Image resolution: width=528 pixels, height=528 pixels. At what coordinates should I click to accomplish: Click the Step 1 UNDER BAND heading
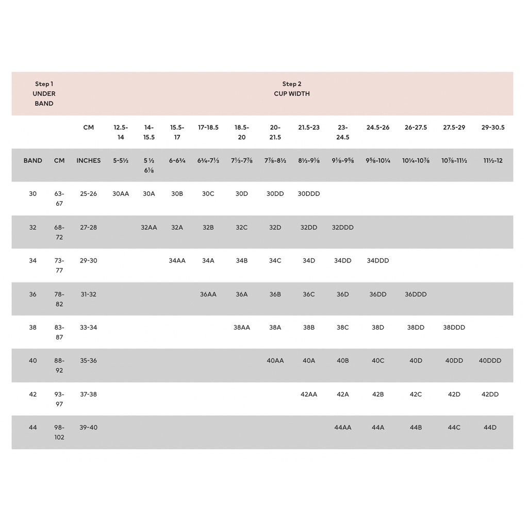pyautogui.click(x=44, y=93)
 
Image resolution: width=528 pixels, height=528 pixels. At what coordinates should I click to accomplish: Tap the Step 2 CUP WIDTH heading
pyautogui.click(x=292, y=89)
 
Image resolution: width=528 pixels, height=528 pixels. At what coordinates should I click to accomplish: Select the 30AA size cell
pyautogui.click(x=121, y=194)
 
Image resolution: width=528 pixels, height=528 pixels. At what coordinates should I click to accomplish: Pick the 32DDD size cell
pyautogui.click(x=343, y=227)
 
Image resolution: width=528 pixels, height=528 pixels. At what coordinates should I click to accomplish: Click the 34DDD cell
pyautogui.click(x=378, y=260)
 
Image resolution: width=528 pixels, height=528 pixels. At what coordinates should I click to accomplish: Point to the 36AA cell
pyautogui.click(x=208, y=294)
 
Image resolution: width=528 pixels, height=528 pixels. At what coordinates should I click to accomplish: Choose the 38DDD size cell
pyautogui.click(x=454, y=327)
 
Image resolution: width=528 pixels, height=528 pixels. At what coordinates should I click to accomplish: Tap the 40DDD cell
pyautogui.click(x=490, y=360)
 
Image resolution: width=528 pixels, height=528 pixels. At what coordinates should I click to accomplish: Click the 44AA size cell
pyautogui.click(x=343, y=427)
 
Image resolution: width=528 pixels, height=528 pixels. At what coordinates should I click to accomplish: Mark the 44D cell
pyautogui.click(x=490, y=427)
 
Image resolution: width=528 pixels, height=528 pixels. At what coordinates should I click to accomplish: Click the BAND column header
pyautogui.click(x=33, y=160)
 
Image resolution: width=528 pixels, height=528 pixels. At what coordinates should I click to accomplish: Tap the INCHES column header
pyautogui.click(x=89, y=160)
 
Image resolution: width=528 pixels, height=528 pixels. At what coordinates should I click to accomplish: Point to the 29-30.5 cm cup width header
pyautogui.click(x=493, y=127)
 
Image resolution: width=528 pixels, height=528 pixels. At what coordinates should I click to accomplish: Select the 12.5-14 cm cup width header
pyautogui.click(x=121, y=132)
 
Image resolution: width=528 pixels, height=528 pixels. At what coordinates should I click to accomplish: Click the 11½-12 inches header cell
pyautogui.click(x=493, y=160)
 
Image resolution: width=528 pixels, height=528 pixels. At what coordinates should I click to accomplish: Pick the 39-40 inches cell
pyautogui.click(x=89, y=427)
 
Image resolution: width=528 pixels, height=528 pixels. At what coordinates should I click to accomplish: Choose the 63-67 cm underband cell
pyautogui.click(x=59, y=199)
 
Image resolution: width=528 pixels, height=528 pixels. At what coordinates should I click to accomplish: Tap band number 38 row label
pyautogui.click(x=33, y=327)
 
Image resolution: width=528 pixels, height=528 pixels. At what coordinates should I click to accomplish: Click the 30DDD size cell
pyautogui.click(x=309, y=194)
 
